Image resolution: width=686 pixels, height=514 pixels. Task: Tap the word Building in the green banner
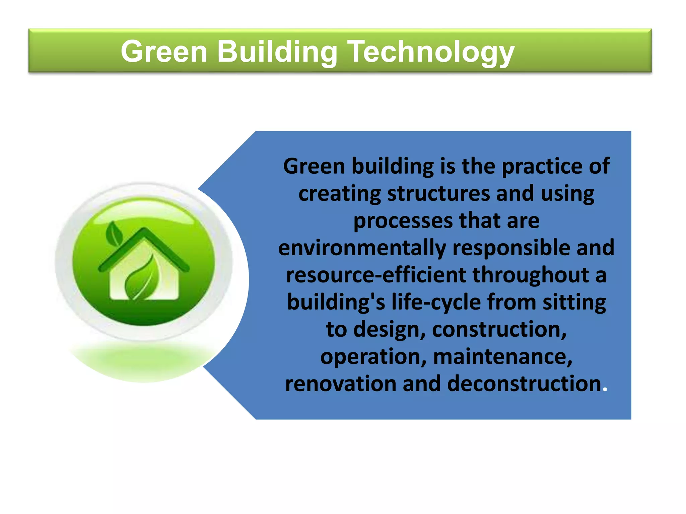[x=277, y=52]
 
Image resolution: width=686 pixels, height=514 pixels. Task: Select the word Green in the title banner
[x=164, y=52]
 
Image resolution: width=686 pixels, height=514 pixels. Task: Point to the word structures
[x=438, y=194]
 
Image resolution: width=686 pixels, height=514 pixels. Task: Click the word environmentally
[x=362, y=248]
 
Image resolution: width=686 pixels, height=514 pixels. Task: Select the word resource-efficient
[x=376, y=275]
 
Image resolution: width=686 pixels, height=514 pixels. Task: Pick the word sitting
[x=574, y=303]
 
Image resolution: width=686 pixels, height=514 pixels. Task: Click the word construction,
[x=499, y=330]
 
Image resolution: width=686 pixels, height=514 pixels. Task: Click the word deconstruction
[x=524, y=384]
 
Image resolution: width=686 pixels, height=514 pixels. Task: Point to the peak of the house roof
[x=144, y=230]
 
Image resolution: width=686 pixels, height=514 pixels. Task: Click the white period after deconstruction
[x=605, y=390]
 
